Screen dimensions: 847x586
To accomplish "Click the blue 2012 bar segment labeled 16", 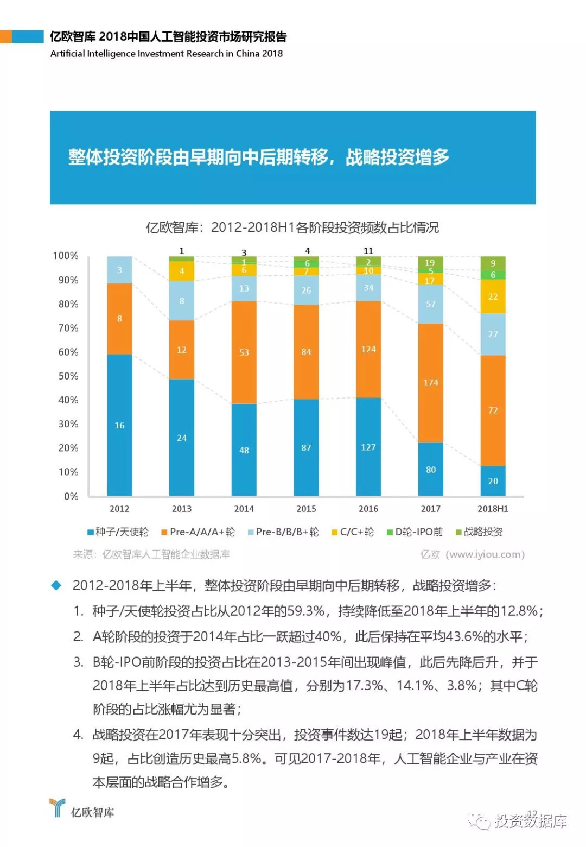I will [119, 425].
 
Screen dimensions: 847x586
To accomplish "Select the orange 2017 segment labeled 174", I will [430, 383].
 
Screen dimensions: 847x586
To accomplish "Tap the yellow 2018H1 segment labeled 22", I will [493, 296].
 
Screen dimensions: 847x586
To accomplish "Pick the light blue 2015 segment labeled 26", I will [306, 290].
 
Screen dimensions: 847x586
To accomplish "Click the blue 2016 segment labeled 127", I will [368, 447].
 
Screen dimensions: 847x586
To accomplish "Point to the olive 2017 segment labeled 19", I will [430, 262].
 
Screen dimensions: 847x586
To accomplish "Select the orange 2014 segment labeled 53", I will [244, 352].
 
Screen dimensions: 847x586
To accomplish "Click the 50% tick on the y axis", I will [68, 376].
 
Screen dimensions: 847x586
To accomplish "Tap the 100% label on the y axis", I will [66, 256].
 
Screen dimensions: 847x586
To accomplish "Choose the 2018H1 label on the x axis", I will [493, 509].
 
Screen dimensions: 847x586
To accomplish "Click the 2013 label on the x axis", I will [182, 509].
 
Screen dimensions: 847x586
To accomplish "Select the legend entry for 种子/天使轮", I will [118, 532].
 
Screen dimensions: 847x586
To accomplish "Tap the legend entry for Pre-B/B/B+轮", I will [283, 532].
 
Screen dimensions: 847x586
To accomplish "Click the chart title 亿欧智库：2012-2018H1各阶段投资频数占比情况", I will [292, 227].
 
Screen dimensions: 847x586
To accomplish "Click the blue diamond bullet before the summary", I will [56, 585].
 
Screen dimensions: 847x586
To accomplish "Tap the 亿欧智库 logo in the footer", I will [81, 810].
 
